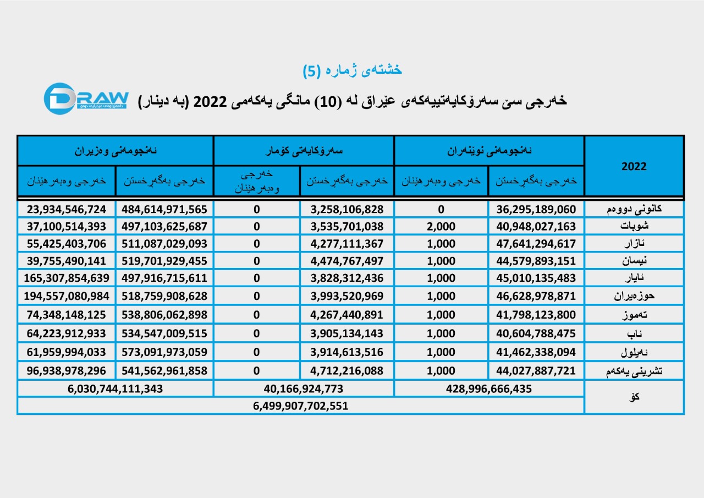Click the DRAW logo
pos(86,98)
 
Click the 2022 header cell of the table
pos(634,166)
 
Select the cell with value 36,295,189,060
pos(536,210)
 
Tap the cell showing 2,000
pos(441,227)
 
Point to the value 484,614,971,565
pos(164,210)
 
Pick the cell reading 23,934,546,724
pos(66,210)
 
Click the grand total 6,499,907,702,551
pos(300,406)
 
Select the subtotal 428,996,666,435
pos(488,388)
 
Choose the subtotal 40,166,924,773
pos(304,388)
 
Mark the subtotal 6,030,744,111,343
pos(116,388)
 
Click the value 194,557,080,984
pos(66,296)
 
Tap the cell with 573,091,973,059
pos(164,353)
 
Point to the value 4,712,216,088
pos(346,371)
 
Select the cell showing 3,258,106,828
pos(346,210)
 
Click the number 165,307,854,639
pos(66,278)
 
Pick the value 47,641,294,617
pos(536,244)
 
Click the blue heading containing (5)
pos(353,70)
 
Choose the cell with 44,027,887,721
pos(536,371)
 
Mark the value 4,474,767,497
pos(346,261)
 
